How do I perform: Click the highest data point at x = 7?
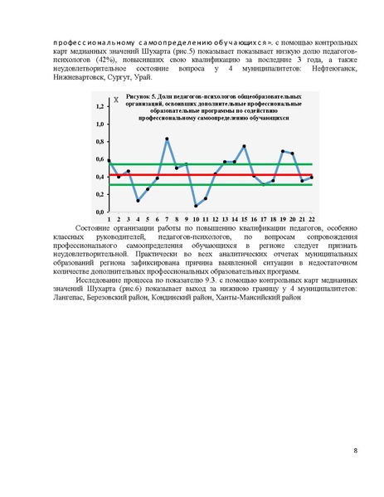tap(167, 139)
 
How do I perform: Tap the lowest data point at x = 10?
tap(196, 205)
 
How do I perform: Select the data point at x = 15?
tap(244, 146)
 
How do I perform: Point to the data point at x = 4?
tap(138, 200)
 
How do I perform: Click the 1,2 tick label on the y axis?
tap(100, 107)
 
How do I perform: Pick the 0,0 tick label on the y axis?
tap(100, 212)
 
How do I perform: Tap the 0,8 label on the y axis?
tap(100, 142)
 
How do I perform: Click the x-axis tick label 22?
tap(310, 219)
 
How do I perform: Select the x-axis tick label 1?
tap(109, 219)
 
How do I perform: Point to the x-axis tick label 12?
tap(215, 219)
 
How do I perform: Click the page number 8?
tap(354, 451)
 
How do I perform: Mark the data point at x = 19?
tap(283, 151)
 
